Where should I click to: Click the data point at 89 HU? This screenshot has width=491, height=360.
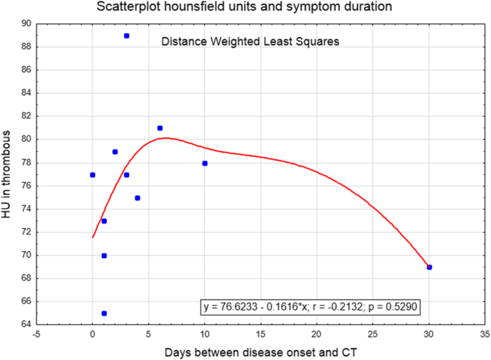[126, 36]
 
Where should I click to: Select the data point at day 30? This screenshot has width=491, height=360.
[429, 267]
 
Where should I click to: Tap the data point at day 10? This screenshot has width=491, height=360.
[205, 164]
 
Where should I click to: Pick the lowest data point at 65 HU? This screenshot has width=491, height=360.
[104, 313]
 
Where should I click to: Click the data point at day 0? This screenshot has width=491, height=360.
[92, 175]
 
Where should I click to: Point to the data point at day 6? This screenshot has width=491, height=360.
[160, 128]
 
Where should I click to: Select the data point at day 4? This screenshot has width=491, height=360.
[138, 198]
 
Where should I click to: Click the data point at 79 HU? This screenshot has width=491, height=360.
[115, 152]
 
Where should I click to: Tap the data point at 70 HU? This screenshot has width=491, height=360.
[104, 255]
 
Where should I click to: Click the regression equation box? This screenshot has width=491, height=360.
[312, 305]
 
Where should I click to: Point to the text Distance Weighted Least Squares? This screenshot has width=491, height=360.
[249, 42]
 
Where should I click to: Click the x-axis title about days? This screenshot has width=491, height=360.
[259, 351]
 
